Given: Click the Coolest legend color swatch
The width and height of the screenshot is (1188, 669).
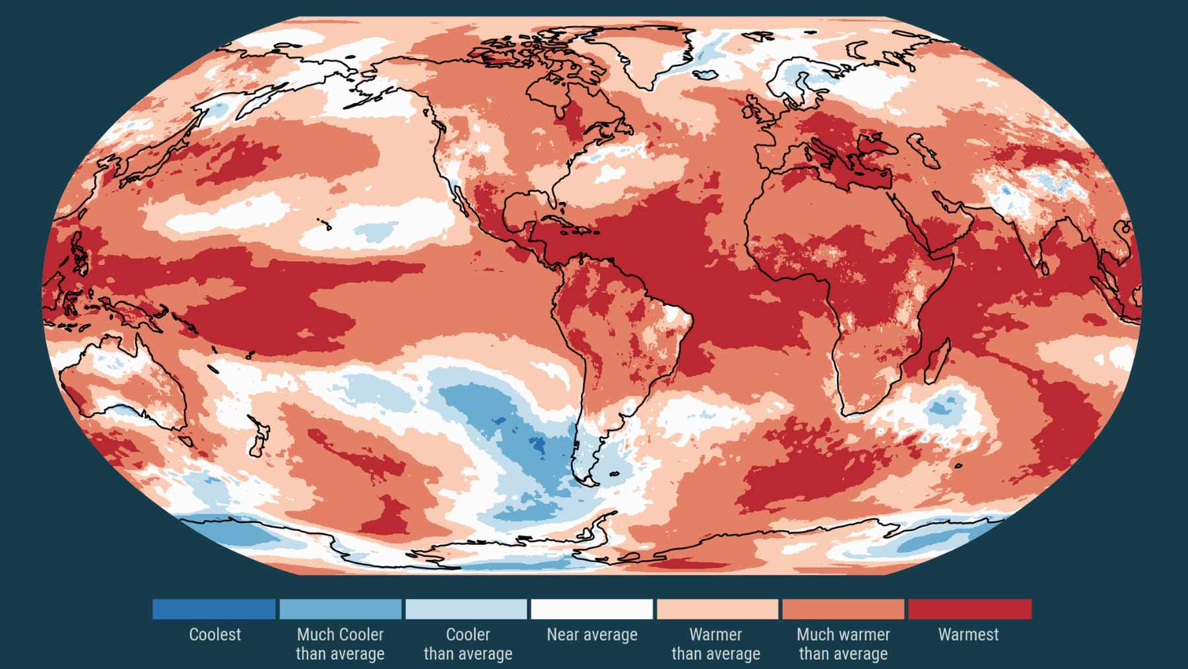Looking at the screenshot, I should click(x=214, y=609).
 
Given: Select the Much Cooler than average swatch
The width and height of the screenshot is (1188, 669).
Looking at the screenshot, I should click(x=340, y=609).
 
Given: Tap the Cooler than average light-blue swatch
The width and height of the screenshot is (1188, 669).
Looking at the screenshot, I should click(x=467, y=609).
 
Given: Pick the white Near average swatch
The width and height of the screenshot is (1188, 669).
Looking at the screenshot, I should click(x=592, y=609).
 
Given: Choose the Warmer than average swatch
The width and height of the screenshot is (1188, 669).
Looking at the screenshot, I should click(x=717, y=609).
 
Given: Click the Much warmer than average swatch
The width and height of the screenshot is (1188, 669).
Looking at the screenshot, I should click(x=843, y=609).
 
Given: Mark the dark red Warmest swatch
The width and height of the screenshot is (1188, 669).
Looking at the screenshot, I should click(x=969, y=609).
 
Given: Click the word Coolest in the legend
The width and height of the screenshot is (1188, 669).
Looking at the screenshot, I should click(x=214, y=635).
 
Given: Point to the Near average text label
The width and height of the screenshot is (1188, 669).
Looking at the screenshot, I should click(x=592, y=635).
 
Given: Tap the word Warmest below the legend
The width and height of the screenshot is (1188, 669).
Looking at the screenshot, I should click(x=968, y=635).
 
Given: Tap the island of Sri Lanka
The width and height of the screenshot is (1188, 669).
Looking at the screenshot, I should click(x=1044, y=267).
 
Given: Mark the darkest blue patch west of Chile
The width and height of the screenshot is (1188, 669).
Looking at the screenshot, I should click(x=536, y=445).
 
